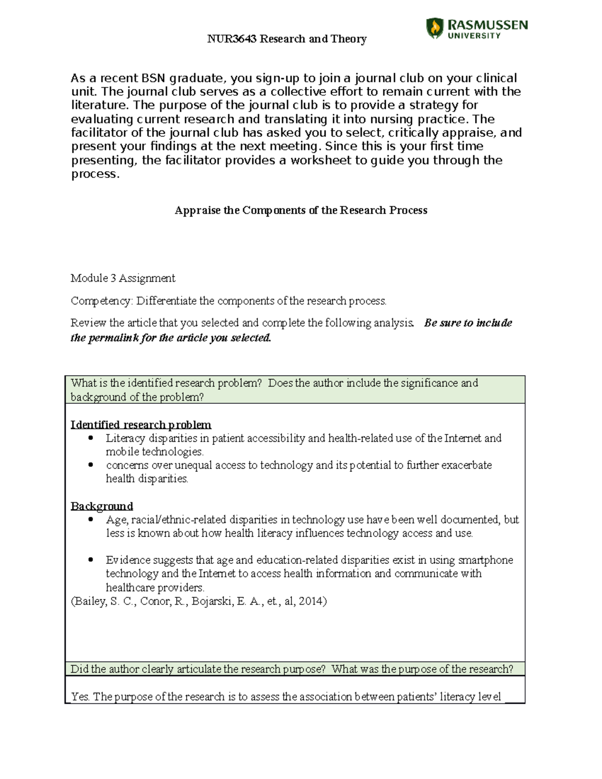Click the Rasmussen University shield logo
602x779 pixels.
pyautogui.click(x=434, y=28)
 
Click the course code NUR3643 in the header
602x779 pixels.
pyautogui.click(x=232, y=39)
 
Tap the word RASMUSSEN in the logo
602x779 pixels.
pyautogui.click(x=487, y=25)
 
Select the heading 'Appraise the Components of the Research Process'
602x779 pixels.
pyautogui.click(x=300, y=210)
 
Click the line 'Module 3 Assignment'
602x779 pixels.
pyautogui.click(x=123, y=278)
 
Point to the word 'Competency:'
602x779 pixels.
pyautogui.click(x=102, y=301)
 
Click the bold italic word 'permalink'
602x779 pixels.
pyautogui.click(x=113, y=338)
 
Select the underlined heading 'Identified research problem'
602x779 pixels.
pyautogui.click(x=140, y=425)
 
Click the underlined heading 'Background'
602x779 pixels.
pyautogui.click(x=102, y=506)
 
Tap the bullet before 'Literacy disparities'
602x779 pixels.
pyautogui.click(x=91, y=438)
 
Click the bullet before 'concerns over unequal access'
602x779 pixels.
pyautogui.click(x=91, y=465)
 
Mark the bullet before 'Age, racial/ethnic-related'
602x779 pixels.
pyautogui.click(x=91, y=519)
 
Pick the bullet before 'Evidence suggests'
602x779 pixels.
pyautogui.click(x=91, y=560)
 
